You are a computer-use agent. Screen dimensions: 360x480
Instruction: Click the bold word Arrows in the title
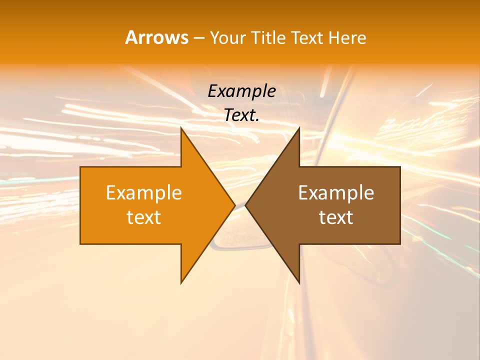[156, 37]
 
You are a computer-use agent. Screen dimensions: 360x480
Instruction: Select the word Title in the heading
[271, 38]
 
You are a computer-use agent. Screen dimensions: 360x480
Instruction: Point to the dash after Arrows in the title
[198, 38]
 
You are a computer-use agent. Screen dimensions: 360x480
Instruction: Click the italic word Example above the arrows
[241, 91]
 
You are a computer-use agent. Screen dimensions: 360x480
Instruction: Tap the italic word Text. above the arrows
[241, 115]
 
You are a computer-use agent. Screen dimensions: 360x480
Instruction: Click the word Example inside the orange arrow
[144, 193]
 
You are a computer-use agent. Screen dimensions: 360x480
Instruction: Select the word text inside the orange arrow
[144, 217]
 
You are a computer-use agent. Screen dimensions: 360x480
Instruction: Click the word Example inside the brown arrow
[336, 193]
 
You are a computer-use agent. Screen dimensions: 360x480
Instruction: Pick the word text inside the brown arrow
[336, 217]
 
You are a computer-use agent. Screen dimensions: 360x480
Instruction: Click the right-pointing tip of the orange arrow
[234, 205]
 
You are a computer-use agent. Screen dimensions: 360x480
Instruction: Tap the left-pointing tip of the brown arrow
[246, 205]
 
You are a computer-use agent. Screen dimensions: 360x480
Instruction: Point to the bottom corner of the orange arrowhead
[181, 282]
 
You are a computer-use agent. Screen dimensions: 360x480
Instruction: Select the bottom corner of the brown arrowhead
[299, 282]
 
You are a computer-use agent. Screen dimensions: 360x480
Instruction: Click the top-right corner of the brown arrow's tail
[399, 167]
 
